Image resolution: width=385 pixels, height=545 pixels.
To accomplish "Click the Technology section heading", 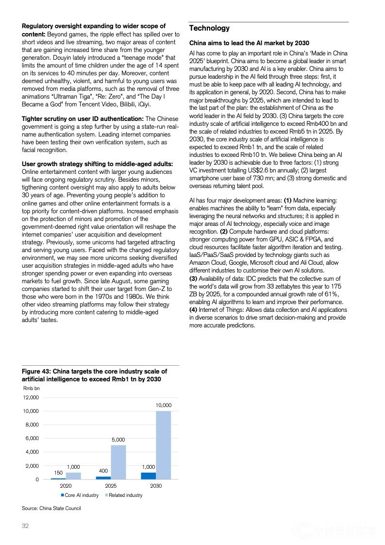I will [x=209, y=28].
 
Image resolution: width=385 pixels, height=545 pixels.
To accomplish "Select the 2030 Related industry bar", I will [x=163, y=444].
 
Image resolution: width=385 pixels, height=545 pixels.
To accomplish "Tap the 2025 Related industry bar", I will [x=118, y=462].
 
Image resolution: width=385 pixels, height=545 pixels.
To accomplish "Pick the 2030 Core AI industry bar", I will [x=148, y=476].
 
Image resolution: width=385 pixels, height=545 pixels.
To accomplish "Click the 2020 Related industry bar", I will [x=73, y=476].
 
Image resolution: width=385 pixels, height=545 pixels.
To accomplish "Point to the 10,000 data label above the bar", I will [x=163, y=405].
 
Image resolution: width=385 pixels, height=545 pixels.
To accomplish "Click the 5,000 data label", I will [x=118, y=439].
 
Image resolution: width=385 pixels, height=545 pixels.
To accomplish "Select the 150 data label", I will [x=58, y=472].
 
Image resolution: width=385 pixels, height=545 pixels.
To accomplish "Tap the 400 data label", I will [x=103, y=471].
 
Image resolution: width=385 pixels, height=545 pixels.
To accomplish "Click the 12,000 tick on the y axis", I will [x=31, y=397].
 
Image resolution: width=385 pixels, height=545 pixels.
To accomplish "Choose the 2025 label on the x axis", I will [x=111, y=486].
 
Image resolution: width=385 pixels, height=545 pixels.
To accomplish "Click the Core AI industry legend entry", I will [x=80, y=495].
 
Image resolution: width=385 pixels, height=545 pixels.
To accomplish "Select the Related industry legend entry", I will [x=123, y=495].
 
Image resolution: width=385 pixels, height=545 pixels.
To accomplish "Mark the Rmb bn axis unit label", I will [x=32, y=388].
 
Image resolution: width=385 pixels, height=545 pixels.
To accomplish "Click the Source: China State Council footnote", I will [x=51, y=508].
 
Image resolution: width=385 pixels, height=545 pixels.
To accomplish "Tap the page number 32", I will [x=25, y=526].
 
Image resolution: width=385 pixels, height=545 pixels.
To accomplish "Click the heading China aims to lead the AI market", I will [x=249, y=43].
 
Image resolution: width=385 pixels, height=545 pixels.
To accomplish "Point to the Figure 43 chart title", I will [x=94, y=375].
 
